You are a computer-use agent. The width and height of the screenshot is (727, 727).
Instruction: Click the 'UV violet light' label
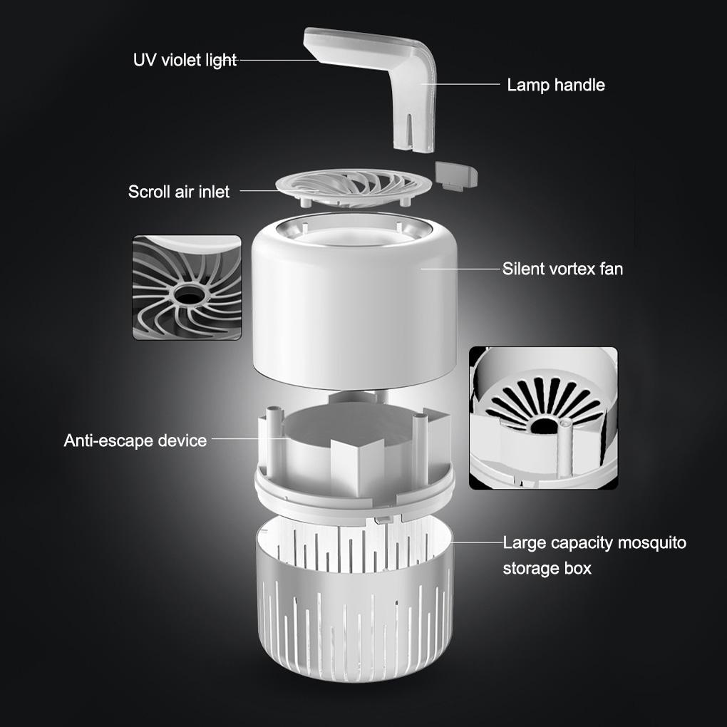[x=185, y=60]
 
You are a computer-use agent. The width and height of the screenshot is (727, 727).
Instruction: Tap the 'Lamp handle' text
[x=556, y=86]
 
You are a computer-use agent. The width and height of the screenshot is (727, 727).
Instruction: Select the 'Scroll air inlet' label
[x=179, y=192]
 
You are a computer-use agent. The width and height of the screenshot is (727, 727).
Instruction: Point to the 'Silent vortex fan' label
[x=562, y=269]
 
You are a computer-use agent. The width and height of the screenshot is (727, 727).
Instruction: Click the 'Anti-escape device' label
[x=135, y=440]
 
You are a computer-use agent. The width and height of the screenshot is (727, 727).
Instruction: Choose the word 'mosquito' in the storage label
[x=651, y=543]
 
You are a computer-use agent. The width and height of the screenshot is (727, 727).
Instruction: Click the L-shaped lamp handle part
[x=399, y=78]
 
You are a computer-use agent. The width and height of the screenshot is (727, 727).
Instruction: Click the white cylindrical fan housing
[x=354, y=306]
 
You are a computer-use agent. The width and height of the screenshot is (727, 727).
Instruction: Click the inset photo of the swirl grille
[x=187, y=287]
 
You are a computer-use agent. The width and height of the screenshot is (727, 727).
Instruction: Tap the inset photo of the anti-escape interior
[x=543, y=418]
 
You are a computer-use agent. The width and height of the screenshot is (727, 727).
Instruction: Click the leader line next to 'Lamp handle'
[x=463, y=84]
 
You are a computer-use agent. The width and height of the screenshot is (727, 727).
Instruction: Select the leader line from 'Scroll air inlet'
[x=258, y=191]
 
